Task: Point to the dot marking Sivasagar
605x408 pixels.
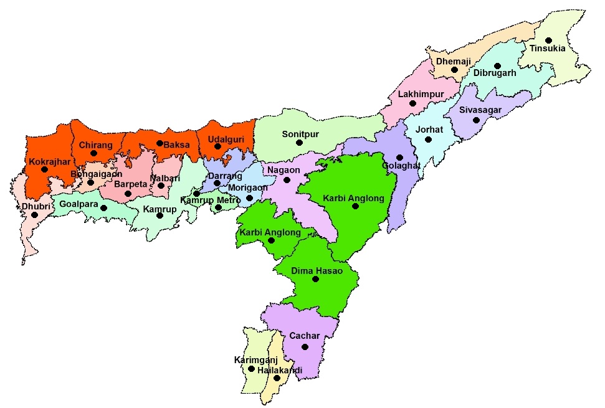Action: (x=476, y=120)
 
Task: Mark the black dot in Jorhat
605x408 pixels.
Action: (x=428, y=140)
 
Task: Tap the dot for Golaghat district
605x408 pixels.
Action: (x=399, y=158)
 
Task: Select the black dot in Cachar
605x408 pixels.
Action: (x=305, y=347)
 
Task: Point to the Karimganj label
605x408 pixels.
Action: (x=255, y=360)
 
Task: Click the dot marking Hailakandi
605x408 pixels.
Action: (x=277, y=378)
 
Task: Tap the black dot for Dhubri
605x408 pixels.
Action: (x=34, y=215)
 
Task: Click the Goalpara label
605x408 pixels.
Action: (x=79, y=203)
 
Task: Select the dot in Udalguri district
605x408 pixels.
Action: (x=217, y=146)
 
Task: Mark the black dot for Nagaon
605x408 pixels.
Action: (x=287, y=180)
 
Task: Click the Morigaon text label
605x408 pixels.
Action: (x=247, y=187)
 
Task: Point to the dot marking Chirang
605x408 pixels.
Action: (x=93, y=153)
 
